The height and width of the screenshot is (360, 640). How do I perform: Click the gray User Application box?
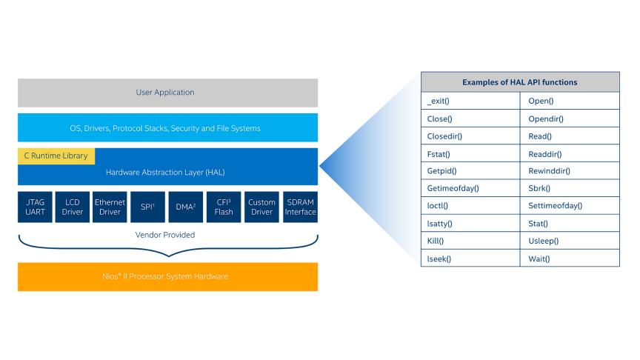167,93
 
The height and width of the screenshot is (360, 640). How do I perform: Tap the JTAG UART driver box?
35,207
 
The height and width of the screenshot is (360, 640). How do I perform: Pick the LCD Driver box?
73,207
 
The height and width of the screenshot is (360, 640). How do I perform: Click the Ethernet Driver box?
110,207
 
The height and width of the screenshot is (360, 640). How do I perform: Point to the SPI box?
148,207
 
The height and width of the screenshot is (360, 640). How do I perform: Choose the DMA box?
186,207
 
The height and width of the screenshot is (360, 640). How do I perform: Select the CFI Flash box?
224,207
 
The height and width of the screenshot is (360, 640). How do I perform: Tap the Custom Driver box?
261,207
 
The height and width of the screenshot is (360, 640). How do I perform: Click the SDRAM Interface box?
300,207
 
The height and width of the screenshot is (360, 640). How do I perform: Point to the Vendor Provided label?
167,235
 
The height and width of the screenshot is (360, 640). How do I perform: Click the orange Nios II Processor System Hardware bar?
167,276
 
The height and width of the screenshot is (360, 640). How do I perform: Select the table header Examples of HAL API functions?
519,82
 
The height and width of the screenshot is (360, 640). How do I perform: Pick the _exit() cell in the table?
470,101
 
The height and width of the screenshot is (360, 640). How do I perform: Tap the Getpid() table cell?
470,171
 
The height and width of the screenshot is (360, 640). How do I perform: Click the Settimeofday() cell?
570,206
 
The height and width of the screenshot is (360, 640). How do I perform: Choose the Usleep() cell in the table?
570,241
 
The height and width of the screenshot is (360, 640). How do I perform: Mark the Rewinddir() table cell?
570,171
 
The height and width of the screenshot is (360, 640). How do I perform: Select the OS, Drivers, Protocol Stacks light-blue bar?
167,128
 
